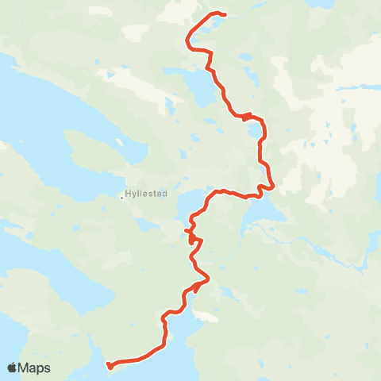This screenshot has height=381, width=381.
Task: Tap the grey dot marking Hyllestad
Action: [x=121, y=198]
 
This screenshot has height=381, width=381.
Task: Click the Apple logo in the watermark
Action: [x=12, y=368]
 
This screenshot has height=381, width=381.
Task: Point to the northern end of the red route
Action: [x=225, y=14]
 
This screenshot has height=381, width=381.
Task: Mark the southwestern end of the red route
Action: [x=109, y=366]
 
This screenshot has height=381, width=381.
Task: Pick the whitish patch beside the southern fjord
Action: [x=206, y=317]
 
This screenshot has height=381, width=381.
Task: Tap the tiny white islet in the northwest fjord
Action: [x=118, y=143]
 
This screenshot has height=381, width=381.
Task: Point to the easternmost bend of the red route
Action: [x=273, y=187]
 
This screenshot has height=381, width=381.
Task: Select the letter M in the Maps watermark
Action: [x=25, y=368]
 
